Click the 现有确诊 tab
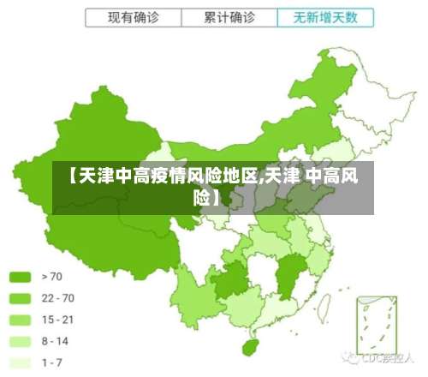pyautogui.click(x=133, y=17)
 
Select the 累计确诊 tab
pyautogui.click(x=229, y=17)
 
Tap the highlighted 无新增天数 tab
pyautogui.click(x=325, y=17)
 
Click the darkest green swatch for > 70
pyautogui.click(x=21, y=277)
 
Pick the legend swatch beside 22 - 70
pyautogui.click(x=21, y=298)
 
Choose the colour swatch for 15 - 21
pyautogui.click(x=21, y=320)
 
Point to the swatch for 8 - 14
pyautogui.click(x=21, y=341)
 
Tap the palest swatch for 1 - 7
pyautogui.click(x=21, y=362)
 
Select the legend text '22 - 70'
pyautogui.click(x=57, y=298)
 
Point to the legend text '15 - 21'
pyautogui.click(x=57, y=320)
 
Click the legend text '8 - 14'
pyautogui.click(x=55, y=341)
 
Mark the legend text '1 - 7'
pyautogui.click(x=51, y=362)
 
